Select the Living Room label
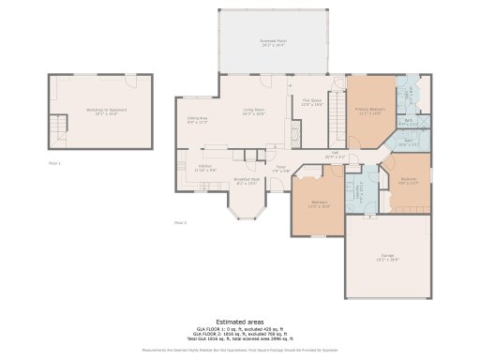[x=254, y=112]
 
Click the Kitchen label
[x=204, y=169]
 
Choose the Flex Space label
[x=311, y=103]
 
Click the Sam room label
[x=409, y=144]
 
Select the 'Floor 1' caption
[x=54, y=163]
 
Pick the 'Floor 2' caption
[x=180, y=223]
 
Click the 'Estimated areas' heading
[x=239, y=322]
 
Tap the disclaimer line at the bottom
[x=239, y=350]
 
